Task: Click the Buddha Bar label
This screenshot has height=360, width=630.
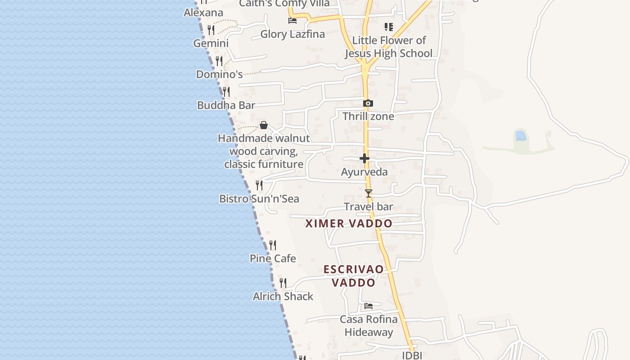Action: (226, 105)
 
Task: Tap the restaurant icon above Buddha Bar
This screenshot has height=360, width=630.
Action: (226, 91)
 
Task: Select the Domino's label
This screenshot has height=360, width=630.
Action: (219, 74)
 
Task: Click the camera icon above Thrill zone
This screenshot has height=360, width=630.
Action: (368, 103)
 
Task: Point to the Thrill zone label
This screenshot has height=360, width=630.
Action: (368, 117)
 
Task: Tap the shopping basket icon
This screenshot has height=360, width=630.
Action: (264, 125)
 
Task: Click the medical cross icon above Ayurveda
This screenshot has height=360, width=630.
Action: (364, 158)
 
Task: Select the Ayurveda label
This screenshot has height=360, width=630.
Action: (364, 172)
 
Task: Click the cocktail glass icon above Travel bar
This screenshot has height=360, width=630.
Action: (369, 193)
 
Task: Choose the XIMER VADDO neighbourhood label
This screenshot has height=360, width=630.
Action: (349, 223)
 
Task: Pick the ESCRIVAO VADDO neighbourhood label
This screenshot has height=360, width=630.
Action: (354, 276)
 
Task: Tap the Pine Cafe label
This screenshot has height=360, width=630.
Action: (273, 258)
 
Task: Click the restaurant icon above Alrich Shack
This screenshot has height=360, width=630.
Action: (283, 283)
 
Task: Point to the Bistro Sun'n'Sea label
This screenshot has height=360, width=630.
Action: (259, 198)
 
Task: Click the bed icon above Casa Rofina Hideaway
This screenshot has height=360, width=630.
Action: (369, 306)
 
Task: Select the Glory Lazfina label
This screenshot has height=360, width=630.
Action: (292, 34)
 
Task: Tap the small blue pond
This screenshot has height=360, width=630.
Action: (521, 135)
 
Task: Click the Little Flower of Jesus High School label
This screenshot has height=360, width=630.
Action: (388, 47)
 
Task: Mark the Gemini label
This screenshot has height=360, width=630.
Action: (211, 43)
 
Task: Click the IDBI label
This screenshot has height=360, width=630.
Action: (412, 355)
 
